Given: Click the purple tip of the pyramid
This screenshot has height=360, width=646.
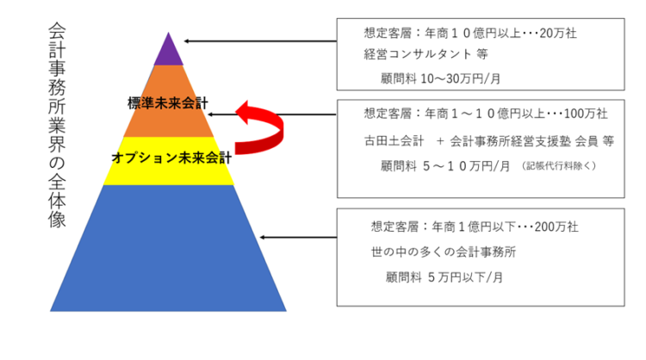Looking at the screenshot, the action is pyautogui.click(x=169, y=52).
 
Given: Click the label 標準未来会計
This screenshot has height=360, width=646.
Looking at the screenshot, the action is pyautogui.click(x=168, y=103).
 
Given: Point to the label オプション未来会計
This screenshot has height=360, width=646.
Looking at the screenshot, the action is pyautogui.click(x=171, y=158).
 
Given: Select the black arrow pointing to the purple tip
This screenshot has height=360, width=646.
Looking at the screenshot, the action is pyautogui.click(x=260, y=41).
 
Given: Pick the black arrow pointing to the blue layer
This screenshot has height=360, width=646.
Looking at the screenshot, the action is pyautogui.click(x=298, y=237).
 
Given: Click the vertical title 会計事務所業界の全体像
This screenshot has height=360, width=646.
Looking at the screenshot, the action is pyautogui.click(x=57, y=125).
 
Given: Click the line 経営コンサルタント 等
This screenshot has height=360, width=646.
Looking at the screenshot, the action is pyautogui.click(x=426, y=54).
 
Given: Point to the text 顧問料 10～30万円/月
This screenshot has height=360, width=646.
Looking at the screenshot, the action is pyautogui.click(x=440, y=78).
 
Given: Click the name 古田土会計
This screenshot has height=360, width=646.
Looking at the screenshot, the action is pyautogui.click(x=394, y=141).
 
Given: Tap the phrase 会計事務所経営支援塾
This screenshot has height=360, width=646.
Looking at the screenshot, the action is pyautogui.click(x=511, y=141).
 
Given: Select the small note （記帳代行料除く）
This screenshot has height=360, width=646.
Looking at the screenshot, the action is pyautogui.click(x=559, y=165).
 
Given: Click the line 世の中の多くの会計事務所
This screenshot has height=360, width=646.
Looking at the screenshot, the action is pyautogui.click(x=444, y=251).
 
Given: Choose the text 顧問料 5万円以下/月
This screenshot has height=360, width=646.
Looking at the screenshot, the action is pyautogui.click(x=444, y=277).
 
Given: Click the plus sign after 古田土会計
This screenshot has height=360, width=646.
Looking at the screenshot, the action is pyautogui.click(x=440, y=141).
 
